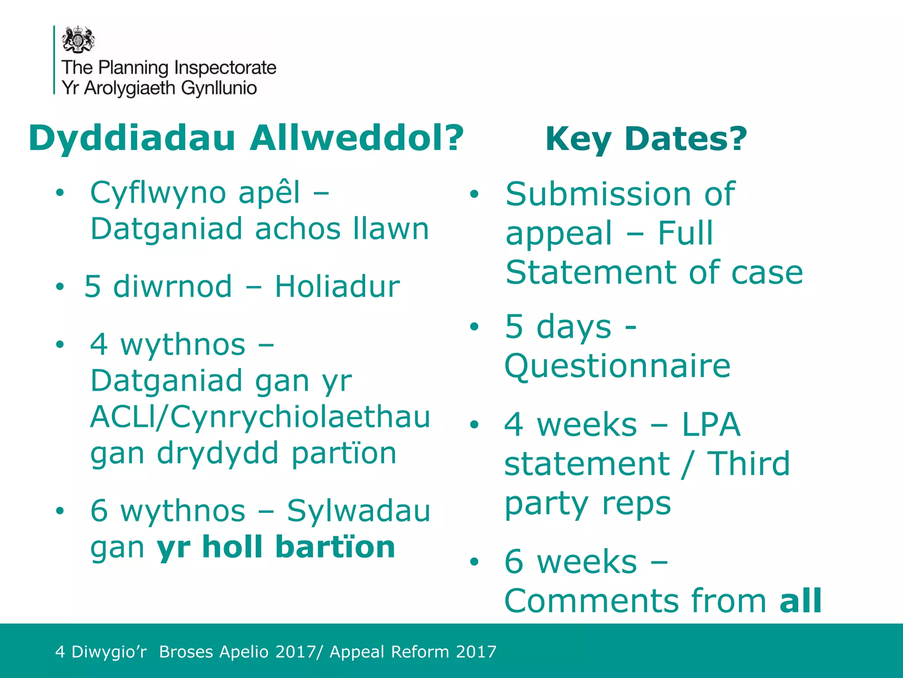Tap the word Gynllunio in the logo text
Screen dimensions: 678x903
click(219, 88)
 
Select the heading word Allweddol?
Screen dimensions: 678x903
click(356, 138)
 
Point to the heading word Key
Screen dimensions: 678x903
click(578, 139)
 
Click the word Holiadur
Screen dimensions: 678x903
click(337, 286)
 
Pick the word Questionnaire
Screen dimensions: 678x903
click(617, 366)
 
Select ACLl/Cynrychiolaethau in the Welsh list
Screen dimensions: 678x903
click(260, 417)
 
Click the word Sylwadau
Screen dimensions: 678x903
click(358, 511)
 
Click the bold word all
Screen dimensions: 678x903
click(800, 601)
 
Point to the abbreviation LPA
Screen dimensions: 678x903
click(711, 425)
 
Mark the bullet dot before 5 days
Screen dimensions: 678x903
click(474, 327)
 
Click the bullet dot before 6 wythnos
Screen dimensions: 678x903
click(60, 511)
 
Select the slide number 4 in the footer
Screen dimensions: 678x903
click(60, 652)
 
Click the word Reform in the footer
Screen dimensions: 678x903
click(420, 652)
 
